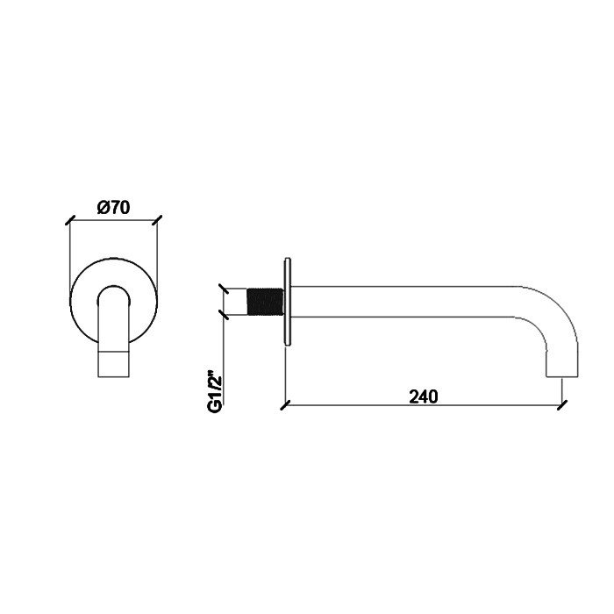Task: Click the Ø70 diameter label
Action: [x=114, y=208]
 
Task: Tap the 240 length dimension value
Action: [x=423, y=396]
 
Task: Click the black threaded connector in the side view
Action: [x=263, y=301]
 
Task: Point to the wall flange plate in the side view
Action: [x=286, y=301]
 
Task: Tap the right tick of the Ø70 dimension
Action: [x=159, y=218]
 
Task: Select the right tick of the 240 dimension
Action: [x=562, y=405]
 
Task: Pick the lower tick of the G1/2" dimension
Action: [x=225, y=316]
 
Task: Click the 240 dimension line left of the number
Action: [x=351, y=405]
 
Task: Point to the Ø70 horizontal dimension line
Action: [x=114, y=219]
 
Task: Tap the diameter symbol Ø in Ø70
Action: [x=103, y=208]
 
